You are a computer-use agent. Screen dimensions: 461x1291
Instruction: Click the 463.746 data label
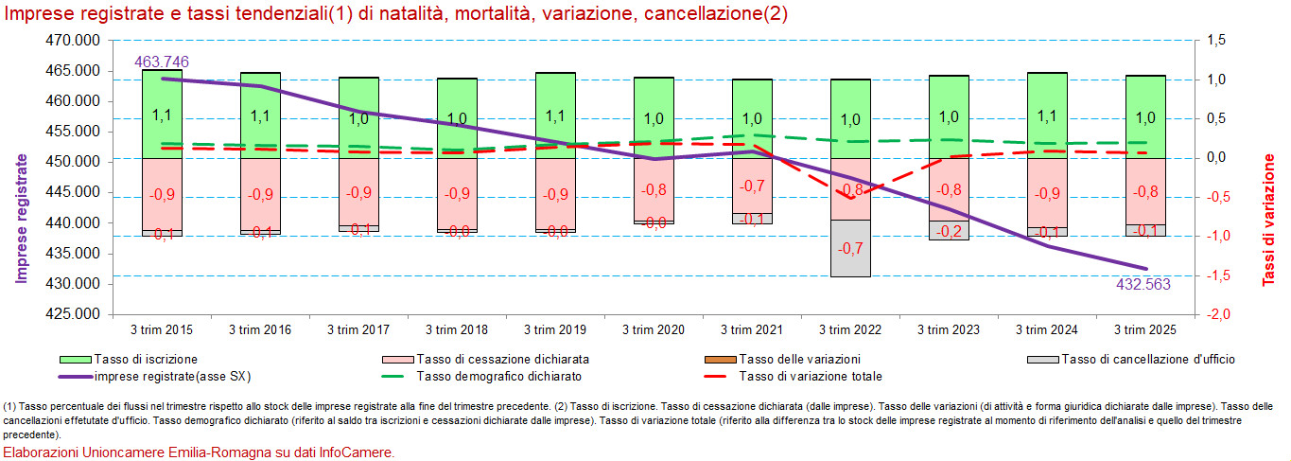click(162, 62)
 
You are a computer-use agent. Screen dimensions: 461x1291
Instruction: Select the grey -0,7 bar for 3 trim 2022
click(850, 248)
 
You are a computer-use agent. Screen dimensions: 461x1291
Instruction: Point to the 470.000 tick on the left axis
click(73, 41)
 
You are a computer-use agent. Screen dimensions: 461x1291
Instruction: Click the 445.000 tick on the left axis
click(73, 192)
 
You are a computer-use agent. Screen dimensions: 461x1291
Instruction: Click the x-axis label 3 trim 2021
click(752, 330)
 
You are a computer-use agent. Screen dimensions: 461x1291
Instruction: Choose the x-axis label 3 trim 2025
click(1145, 330)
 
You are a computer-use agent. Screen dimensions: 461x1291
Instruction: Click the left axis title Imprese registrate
click(22, 219)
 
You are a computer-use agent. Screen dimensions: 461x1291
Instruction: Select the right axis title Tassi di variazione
click(1269, 220)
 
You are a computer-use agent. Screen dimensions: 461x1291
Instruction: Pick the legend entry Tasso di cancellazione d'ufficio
click(1148, 360)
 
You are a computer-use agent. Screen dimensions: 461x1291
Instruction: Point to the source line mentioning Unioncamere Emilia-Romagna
click(199, 452)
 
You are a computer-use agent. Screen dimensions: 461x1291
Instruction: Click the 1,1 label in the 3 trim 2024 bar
click(1047, 116)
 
